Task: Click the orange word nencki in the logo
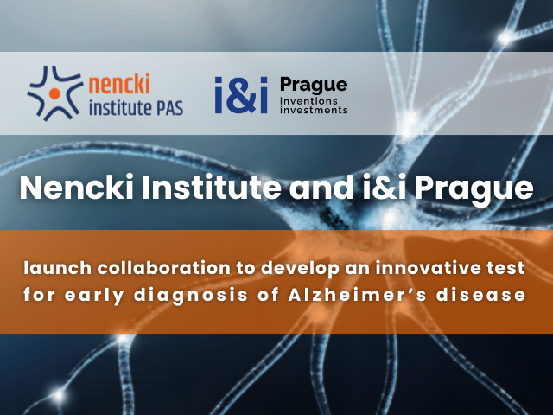click(x=119, y=84)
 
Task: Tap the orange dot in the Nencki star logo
click(x=54, y=93)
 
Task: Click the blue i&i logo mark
click(x=241, y=95)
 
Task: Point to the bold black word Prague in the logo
click(x=314, y=86)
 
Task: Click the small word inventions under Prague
click(x=308, y=101)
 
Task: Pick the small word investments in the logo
click(x=314, y=110)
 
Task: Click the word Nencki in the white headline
click(x=77, y=188)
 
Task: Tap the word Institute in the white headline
click(x=212, y=188)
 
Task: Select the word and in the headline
click(x=321, y=188)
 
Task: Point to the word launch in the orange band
click(x=58, y=268)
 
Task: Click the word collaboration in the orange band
click(x=164, y=268)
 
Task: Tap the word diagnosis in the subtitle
click(x=190, y=296)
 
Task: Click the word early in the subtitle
click(x=94, y=296)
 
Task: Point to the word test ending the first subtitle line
click(x=511, y=268)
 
